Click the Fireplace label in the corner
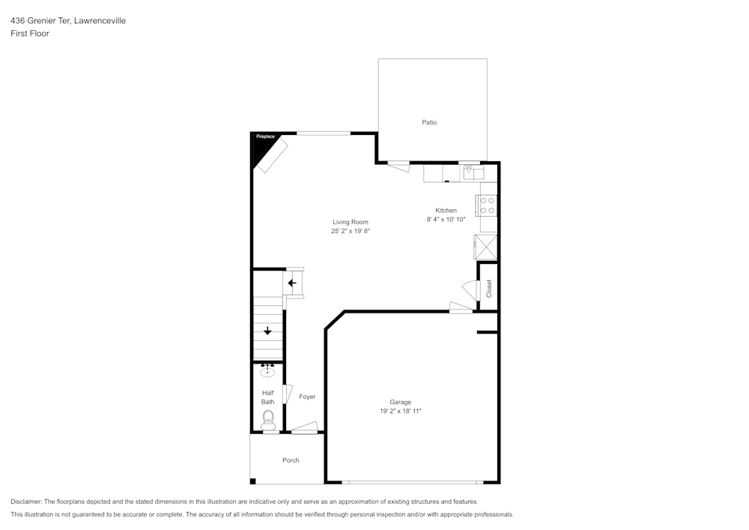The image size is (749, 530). (x=265, y=136)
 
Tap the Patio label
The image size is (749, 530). (x=429, y=122)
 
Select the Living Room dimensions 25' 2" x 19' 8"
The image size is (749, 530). (x=351, y=232)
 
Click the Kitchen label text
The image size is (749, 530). (x=446, y=211)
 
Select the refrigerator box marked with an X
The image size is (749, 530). (x=485, y=246)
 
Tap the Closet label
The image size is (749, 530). (x=489, y=289)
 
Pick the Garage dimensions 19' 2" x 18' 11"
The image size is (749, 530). (x=400, y=412)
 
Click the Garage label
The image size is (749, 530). (x=400, y=402)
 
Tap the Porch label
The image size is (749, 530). (x=291, y=460)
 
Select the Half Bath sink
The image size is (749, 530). (x=267, y=370)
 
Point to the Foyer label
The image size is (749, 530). (x=307, y=397)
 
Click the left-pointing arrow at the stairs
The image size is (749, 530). (x=292, y=283)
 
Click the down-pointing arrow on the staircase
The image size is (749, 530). (x=267, y=331)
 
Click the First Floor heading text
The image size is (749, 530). (x=30, y=34)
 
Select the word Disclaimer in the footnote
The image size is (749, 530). (x=26, y=502)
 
